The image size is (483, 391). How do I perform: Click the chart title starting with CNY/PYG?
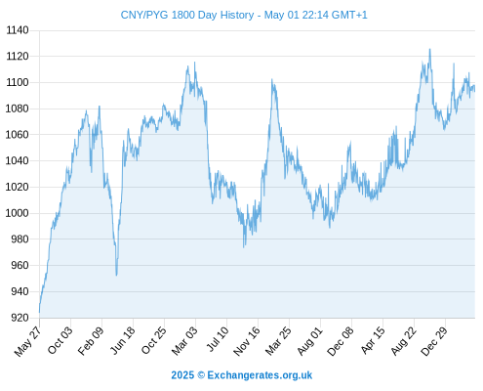[x=244, y=15]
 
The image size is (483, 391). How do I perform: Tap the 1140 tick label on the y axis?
[x=18, y=30]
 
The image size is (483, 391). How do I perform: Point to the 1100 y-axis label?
[x=18, y=82]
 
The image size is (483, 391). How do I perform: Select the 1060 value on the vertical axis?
[x=18, y=135]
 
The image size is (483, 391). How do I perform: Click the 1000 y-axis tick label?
[x=18, y=213]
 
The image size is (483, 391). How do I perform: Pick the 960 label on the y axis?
[x=20, y=265]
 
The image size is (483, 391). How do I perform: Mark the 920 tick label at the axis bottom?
[x=20, y=318]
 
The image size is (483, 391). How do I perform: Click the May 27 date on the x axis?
[x=27, y=341]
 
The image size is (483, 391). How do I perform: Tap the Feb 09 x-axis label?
[x=91, y=340]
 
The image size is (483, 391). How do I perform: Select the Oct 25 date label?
[x=153, y=340]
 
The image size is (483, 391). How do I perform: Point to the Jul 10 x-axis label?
[x=218, y=339]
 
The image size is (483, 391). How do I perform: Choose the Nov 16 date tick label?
[x=247, y=341]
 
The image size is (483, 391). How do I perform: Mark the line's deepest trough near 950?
[x=116, y=276]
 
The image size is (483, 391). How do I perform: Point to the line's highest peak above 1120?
[x=430, y=49]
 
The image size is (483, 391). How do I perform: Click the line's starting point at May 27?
[x=39, y=312]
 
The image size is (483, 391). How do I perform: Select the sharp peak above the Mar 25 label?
[x=272, y=79]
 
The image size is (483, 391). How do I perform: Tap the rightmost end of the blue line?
[x=475, y=91]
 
